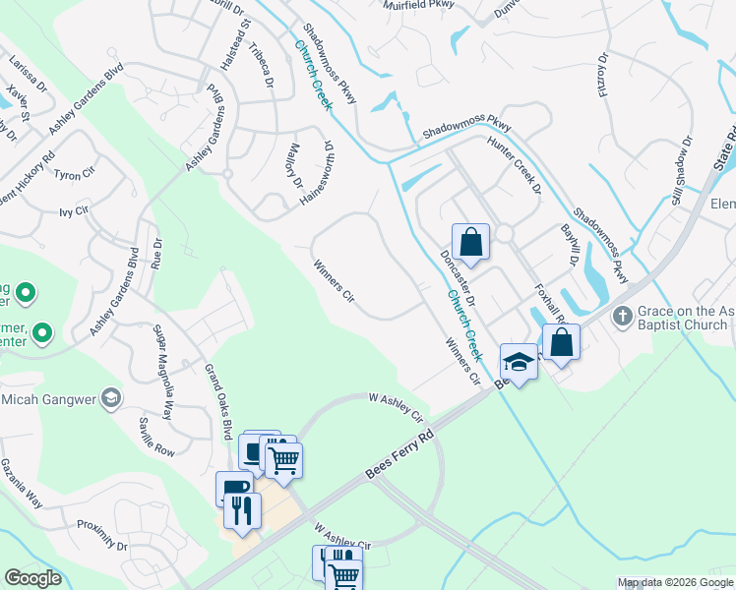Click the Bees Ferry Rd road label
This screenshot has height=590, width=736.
tap(399, 453)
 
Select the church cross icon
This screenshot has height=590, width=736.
tap(621, 317)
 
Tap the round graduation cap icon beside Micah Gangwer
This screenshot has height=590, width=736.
tap(112, 397)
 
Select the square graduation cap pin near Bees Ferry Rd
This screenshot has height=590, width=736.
tap(519, 360)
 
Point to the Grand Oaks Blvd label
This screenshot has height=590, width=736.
tap(218, 402)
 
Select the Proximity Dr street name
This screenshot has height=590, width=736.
tap(102, 535)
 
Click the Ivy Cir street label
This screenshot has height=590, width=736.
tap(75, 210)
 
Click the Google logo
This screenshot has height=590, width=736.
tap(33, 578)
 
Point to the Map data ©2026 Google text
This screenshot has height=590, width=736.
tap(674, 582)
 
